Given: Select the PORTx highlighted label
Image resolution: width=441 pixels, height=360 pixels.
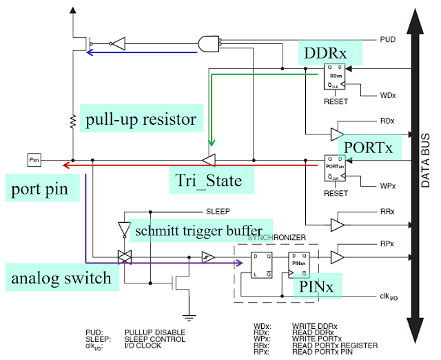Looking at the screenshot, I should tap(369, 148).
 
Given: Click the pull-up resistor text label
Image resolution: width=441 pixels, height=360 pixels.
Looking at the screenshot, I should tap(141, 119).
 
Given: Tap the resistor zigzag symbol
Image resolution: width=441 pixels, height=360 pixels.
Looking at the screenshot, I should tap(72, 123).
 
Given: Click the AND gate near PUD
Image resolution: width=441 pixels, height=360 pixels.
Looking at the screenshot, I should tap(208, 43).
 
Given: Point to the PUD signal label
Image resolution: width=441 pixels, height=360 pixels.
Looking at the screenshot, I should tap(388, 40).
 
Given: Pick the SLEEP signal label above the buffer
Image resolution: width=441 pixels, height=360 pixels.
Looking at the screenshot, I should tap(217, 211).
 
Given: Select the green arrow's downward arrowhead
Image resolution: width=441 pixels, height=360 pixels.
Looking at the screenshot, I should tap(212, 140).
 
